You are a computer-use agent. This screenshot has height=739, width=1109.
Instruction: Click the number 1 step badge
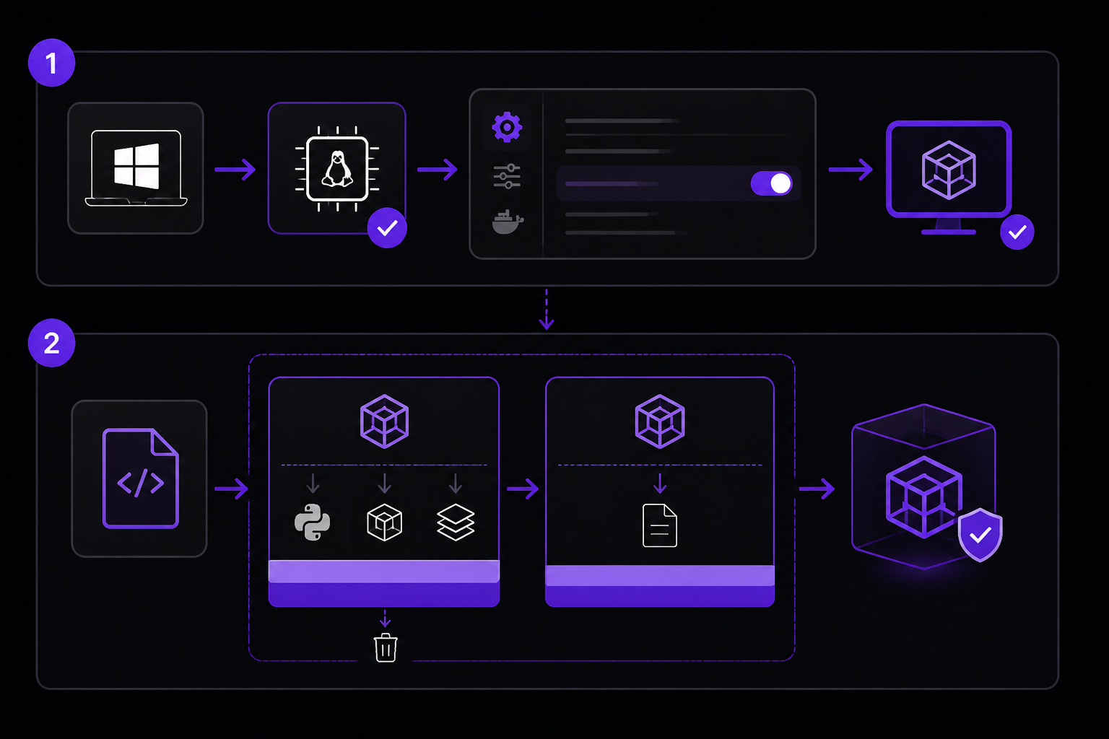click(51, 63)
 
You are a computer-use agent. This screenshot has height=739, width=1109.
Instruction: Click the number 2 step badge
click(51, 343)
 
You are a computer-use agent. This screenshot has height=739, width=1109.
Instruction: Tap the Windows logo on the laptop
click(136, 166)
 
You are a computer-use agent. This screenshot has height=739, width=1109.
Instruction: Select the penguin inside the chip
click(337, 169)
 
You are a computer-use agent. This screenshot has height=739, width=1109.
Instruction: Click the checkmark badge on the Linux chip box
click(387, 227)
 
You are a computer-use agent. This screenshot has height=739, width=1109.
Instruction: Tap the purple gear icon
click(506, 127)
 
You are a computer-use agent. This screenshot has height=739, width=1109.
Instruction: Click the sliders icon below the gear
click(506, 176)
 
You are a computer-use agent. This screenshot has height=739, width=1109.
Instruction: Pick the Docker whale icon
click(507, 222)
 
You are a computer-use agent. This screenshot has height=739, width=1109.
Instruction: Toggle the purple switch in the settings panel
click(771, 183)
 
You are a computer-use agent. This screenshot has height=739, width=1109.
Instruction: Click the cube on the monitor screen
click(949, 170)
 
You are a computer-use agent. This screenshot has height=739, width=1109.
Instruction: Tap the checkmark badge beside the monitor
click(1017, 232)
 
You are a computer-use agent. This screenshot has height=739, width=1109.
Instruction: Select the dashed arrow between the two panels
click(547, 310)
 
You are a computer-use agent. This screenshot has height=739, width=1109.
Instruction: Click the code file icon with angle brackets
click(141, 478)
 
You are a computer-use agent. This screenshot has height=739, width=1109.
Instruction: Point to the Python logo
click(313, 522)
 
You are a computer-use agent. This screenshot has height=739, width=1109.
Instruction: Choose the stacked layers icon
click(456, 522)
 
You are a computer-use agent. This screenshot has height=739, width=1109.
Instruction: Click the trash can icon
click(385, 647)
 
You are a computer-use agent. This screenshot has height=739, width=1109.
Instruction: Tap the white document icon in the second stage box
click(659, 525)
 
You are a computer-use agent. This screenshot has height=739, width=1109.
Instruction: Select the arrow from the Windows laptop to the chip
click(235, 170)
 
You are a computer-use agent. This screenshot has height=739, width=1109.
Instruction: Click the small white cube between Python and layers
click(385, 522)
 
